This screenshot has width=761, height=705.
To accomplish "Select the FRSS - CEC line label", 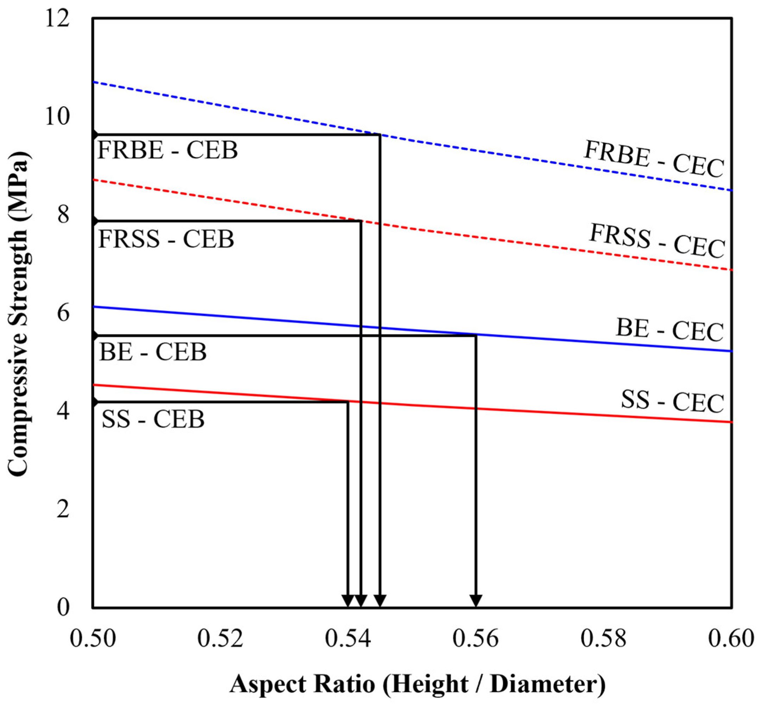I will [657, 241].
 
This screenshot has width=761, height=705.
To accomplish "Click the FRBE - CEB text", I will [168, 150].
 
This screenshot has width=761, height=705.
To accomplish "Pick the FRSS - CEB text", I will [166, 239].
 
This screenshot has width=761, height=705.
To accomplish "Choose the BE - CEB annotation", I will [153, 352].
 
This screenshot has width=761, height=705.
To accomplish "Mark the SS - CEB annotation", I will [153, 419].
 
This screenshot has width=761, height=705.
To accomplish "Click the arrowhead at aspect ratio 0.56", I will [476, 600].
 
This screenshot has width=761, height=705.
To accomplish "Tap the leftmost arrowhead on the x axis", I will [348, 600].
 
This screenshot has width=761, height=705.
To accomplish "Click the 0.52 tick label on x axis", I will [220, 638].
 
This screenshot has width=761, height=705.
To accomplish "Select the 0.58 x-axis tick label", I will [603, 638].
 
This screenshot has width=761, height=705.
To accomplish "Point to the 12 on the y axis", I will [58, 18].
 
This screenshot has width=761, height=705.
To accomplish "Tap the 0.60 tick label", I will [731, 638].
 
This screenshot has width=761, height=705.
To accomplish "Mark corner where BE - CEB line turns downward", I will [476, 335].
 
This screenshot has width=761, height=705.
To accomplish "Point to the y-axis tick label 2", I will [63, 509].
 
